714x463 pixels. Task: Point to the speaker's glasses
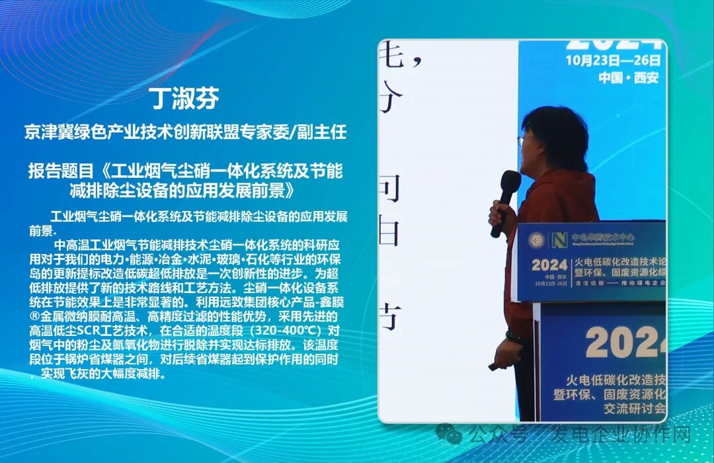click(x=522, y=141)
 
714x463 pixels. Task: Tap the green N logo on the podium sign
click(x=559, y=239)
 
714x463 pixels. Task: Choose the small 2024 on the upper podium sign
click(x=549, y=265)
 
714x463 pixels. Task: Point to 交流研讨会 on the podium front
click(x=635, y=408)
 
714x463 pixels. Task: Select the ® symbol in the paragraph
click(x=33, y=317)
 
